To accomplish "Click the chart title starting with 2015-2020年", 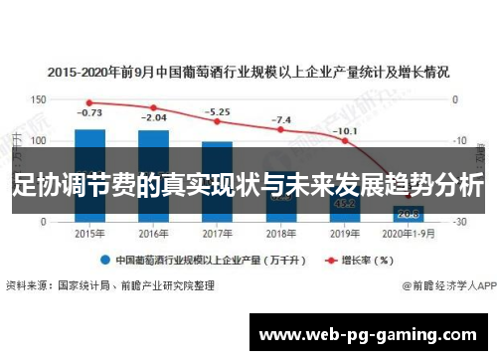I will (x=248, y=72).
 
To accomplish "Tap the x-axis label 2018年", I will (x=280, y=233).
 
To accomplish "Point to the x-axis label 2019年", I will (x=344, y=233).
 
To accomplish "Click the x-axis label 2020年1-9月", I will (x=408, y=233).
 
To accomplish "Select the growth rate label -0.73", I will (x=89, y=112).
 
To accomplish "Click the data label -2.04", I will (x=153, y=118).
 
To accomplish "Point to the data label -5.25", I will (x=217, y=111).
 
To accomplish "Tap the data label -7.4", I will (x=280, y=120).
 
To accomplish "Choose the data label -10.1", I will (x=344, y=130).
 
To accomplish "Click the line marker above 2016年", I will (x=153, y=107).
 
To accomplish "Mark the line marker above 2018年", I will (x=280, y=129).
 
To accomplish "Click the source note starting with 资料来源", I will (x=109, y=285).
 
